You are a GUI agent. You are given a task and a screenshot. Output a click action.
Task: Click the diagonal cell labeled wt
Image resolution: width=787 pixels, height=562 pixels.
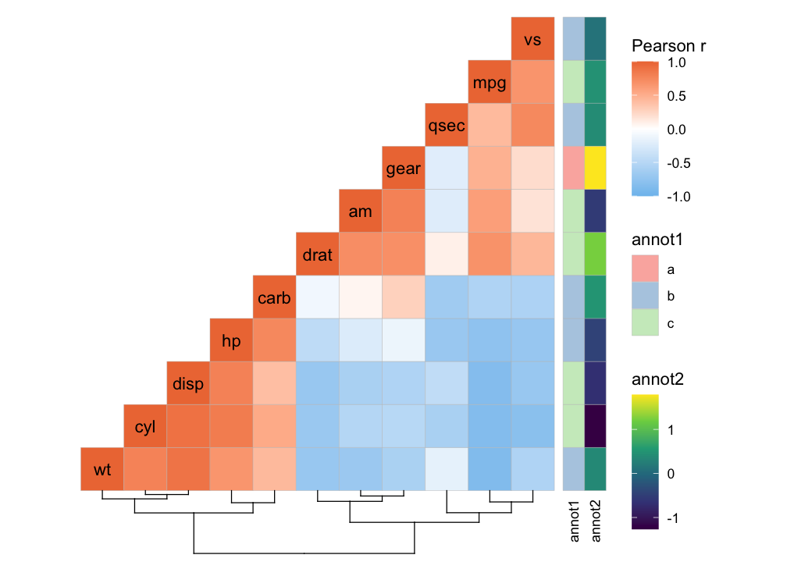102,470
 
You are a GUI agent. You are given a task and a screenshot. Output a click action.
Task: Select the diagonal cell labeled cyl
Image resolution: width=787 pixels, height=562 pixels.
145,427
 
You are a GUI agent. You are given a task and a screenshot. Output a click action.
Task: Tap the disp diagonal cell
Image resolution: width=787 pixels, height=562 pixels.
188,384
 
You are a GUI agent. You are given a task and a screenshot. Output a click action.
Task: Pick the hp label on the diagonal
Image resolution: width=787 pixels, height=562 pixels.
231,341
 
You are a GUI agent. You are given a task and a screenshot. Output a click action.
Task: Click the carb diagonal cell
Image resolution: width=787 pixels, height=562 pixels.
274,298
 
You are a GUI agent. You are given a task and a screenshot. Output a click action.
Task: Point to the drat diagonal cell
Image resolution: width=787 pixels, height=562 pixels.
317,254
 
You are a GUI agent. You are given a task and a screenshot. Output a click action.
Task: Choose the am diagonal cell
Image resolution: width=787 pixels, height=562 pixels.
360,212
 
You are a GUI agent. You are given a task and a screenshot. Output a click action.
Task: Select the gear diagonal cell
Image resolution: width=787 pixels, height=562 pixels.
403,169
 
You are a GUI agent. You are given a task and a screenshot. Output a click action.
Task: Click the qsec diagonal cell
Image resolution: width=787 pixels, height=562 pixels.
446,126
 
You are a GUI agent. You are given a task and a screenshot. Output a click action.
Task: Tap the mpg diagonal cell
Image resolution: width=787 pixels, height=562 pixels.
489,82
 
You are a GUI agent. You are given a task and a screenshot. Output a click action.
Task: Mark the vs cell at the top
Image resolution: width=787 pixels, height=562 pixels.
532,39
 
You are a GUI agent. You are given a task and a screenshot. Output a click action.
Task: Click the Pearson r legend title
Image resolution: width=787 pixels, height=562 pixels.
669,47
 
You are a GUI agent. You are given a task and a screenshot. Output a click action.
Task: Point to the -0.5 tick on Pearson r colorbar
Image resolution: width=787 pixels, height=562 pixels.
676,163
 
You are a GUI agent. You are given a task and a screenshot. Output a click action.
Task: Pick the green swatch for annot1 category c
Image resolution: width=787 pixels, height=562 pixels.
645,322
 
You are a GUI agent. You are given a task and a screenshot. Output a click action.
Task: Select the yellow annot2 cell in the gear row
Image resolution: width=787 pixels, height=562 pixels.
594,168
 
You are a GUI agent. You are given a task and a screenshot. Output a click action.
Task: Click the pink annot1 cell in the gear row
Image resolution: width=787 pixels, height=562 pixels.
573,168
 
